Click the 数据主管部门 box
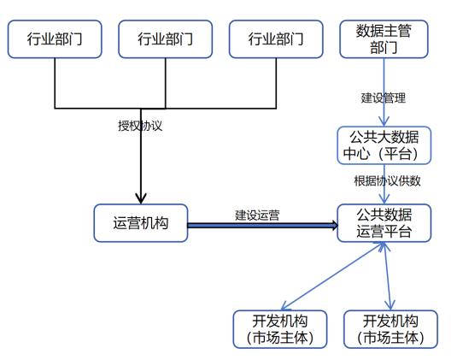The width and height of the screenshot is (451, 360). (x=384, y=39)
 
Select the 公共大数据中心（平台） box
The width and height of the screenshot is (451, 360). (x=384, y=145)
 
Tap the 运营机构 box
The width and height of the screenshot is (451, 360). (x=141, y=223)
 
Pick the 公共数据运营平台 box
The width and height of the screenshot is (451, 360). (x=384, y=223)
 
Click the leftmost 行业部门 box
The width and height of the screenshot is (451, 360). (x=55, y=39)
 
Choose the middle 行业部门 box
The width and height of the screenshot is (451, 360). (x=166, y=39)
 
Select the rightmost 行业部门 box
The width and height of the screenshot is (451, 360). (x=276, y=39)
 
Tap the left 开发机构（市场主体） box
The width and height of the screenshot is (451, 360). (x=280, y=329)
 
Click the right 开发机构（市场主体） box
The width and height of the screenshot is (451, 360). (x=390, y=329)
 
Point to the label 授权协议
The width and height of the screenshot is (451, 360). (x=140, y=126)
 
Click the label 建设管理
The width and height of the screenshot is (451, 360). (x=384, y=98)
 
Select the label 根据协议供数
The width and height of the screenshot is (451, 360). (x=387, y=181)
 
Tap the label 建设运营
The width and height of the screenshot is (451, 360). (x=257, y=215)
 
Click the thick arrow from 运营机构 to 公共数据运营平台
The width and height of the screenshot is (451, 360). (x=262, y=225)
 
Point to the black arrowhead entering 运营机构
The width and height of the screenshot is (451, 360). (x=141, y=198)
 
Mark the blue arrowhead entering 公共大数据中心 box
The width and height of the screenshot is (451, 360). (x=384, y=121)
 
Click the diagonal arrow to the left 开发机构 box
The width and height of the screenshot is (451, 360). (x=333, y=276)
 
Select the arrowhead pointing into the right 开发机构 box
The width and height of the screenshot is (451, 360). (x=390, y=305)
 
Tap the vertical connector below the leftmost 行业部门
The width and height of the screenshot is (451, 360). (x=55, y=83)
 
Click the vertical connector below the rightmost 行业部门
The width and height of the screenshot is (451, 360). (x=276, y=83)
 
